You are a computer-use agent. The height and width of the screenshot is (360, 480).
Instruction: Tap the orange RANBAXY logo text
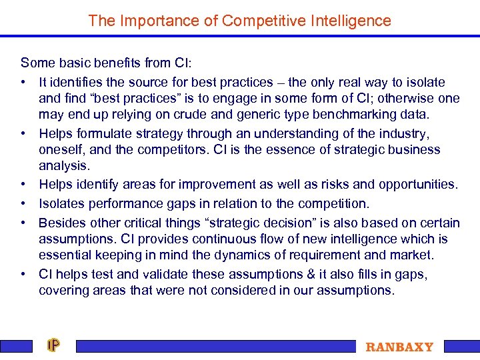pyautogui.click(x=399, y=347)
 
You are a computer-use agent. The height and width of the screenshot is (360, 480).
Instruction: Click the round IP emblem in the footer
pyautogui.click(x=53, y=345)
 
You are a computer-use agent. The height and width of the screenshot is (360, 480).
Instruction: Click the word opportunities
pyautogui.click(x=417, y=184)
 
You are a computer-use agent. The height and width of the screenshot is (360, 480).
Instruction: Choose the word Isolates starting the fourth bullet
pyautogui.click(x=61, y=203)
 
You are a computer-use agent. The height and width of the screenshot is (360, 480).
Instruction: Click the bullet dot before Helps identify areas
pyautogui.click(x=23, y=185)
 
